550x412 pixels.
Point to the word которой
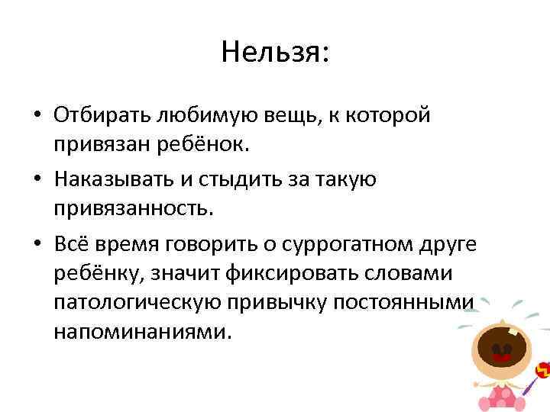click(x=389, y=115)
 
